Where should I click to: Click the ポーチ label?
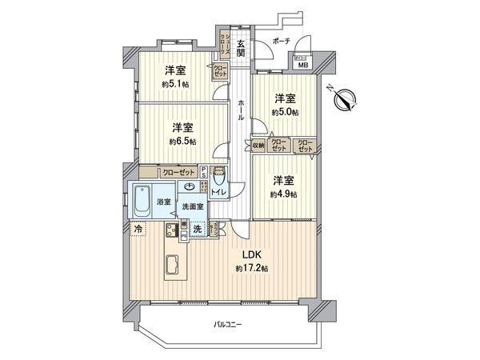coord(281,39)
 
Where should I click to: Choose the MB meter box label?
coord(302,66)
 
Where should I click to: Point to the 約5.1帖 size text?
coord(174,83)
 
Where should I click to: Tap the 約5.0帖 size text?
coord(285,112)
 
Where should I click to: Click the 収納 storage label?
coord(258,146)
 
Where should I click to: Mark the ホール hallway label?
coord(240,109)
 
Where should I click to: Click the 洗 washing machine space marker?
coord(198,230)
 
